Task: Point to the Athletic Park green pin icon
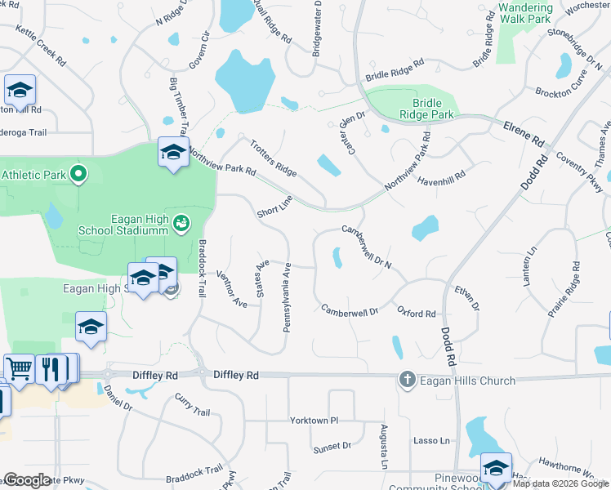point(78,174)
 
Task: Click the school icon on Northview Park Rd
point(173,152)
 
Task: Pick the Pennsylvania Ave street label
point(287,297)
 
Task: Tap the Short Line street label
point(274,207)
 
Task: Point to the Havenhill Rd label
point(441,175)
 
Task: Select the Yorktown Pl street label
point(314,421)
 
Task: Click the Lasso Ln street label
point(434,441)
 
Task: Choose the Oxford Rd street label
point(416,313)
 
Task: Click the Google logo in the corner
point(26,480)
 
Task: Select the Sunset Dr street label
point(332,447)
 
